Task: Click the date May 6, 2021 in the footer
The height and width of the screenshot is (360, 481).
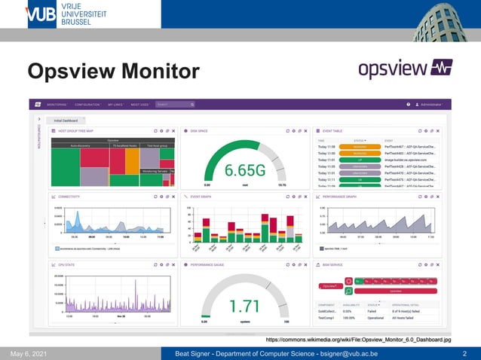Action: pos(29,353)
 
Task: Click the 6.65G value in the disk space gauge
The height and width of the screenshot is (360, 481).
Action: pos(246,171)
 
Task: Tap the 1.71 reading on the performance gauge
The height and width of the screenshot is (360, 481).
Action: pos(246,306)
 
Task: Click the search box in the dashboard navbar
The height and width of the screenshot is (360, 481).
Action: pos(173,105)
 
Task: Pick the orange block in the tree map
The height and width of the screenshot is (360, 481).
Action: pos(131,157)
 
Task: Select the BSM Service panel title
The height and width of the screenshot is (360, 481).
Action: pos(333,265)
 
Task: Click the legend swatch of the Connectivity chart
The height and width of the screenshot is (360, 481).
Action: pos(57,247)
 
